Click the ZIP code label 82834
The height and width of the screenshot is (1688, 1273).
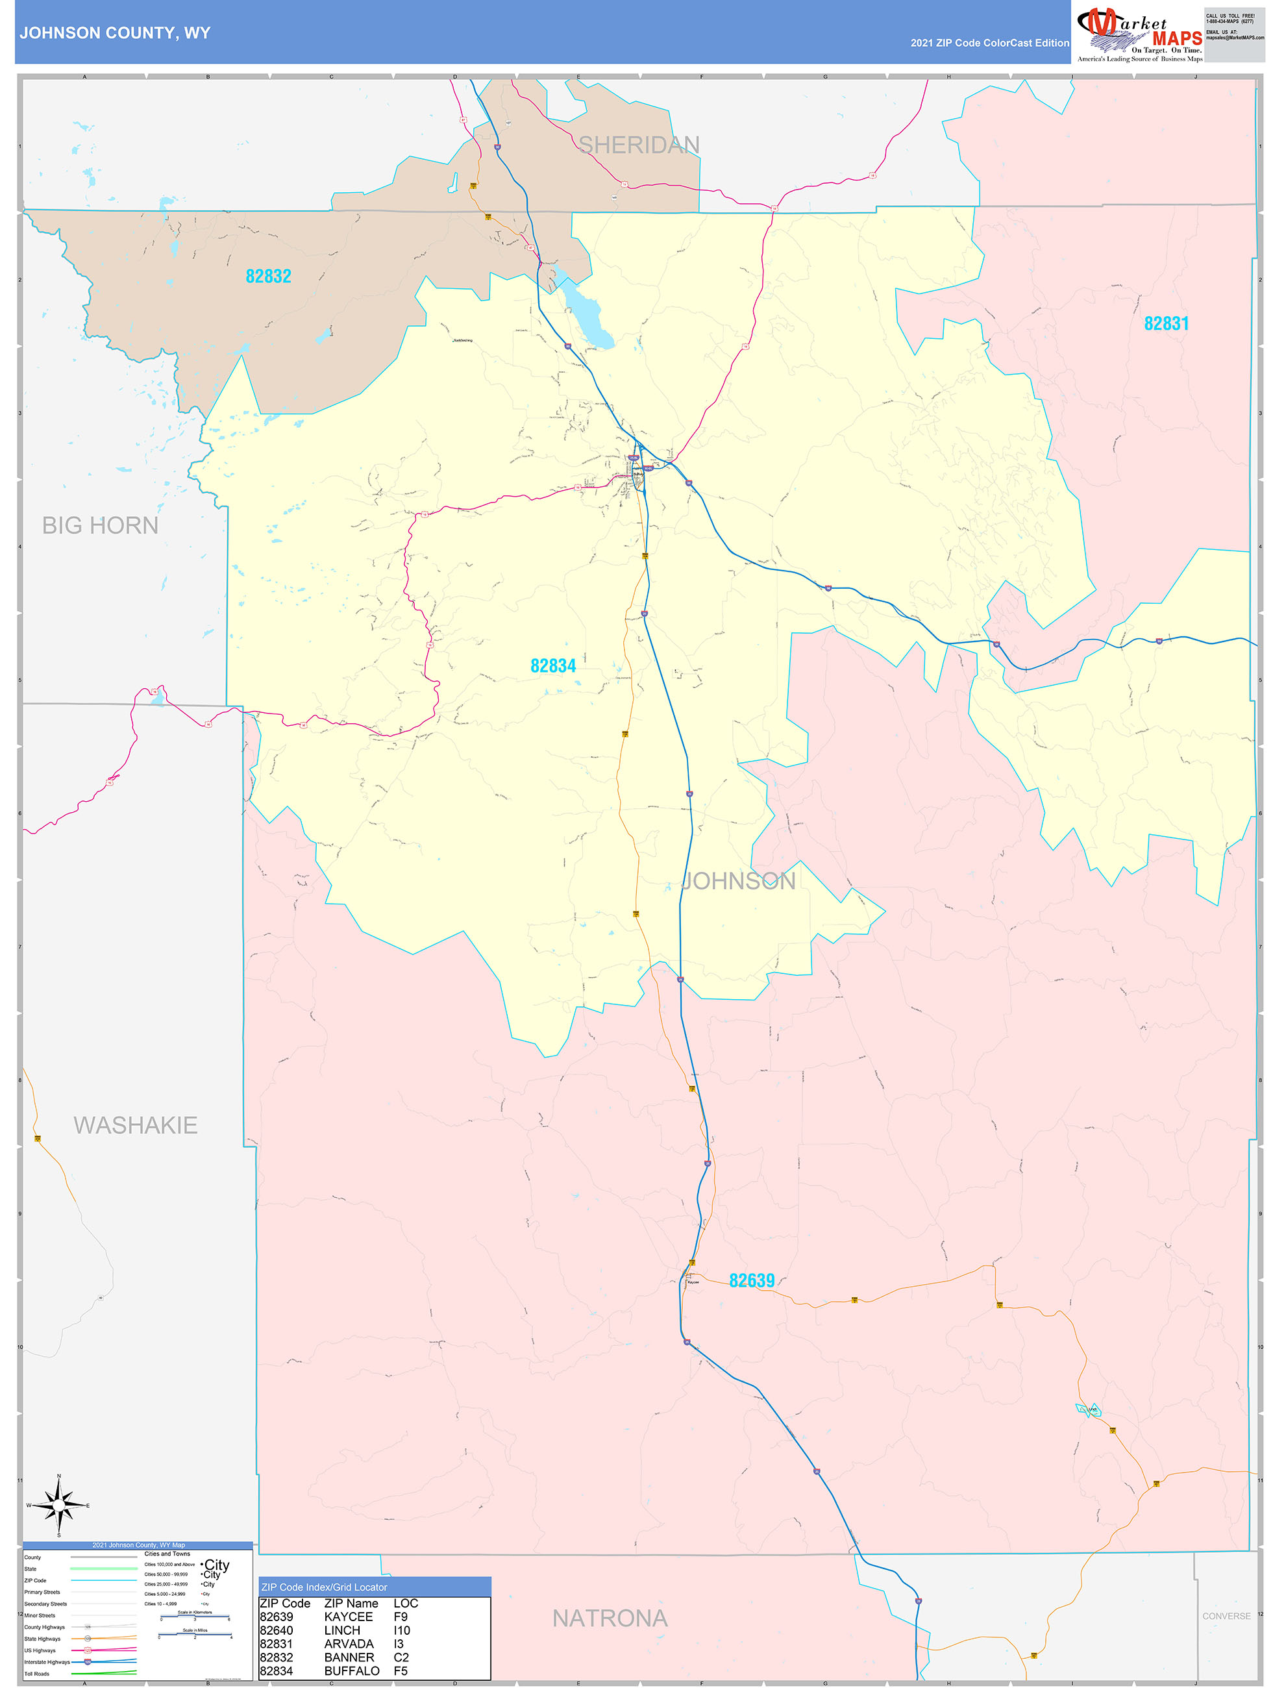(552, 666)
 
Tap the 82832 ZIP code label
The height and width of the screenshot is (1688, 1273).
(268, 276)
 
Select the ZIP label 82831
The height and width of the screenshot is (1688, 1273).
(1165, 323)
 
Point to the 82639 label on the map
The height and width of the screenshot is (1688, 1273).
(751, 1280)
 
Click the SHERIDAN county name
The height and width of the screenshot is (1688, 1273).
(638, 145)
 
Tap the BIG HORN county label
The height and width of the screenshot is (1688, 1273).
(100, 525)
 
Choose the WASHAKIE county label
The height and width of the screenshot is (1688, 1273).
(135, 1125)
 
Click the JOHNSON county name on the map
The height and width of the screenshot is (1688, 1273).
(738, 882)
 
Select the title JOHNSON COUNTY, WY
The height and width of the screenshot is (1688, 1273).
(114, 33)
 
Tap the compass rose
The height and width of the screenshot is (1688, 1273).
(59, 1506)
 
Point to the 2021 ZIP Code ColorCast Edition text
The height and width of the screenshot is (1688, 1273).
(989, 43)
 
